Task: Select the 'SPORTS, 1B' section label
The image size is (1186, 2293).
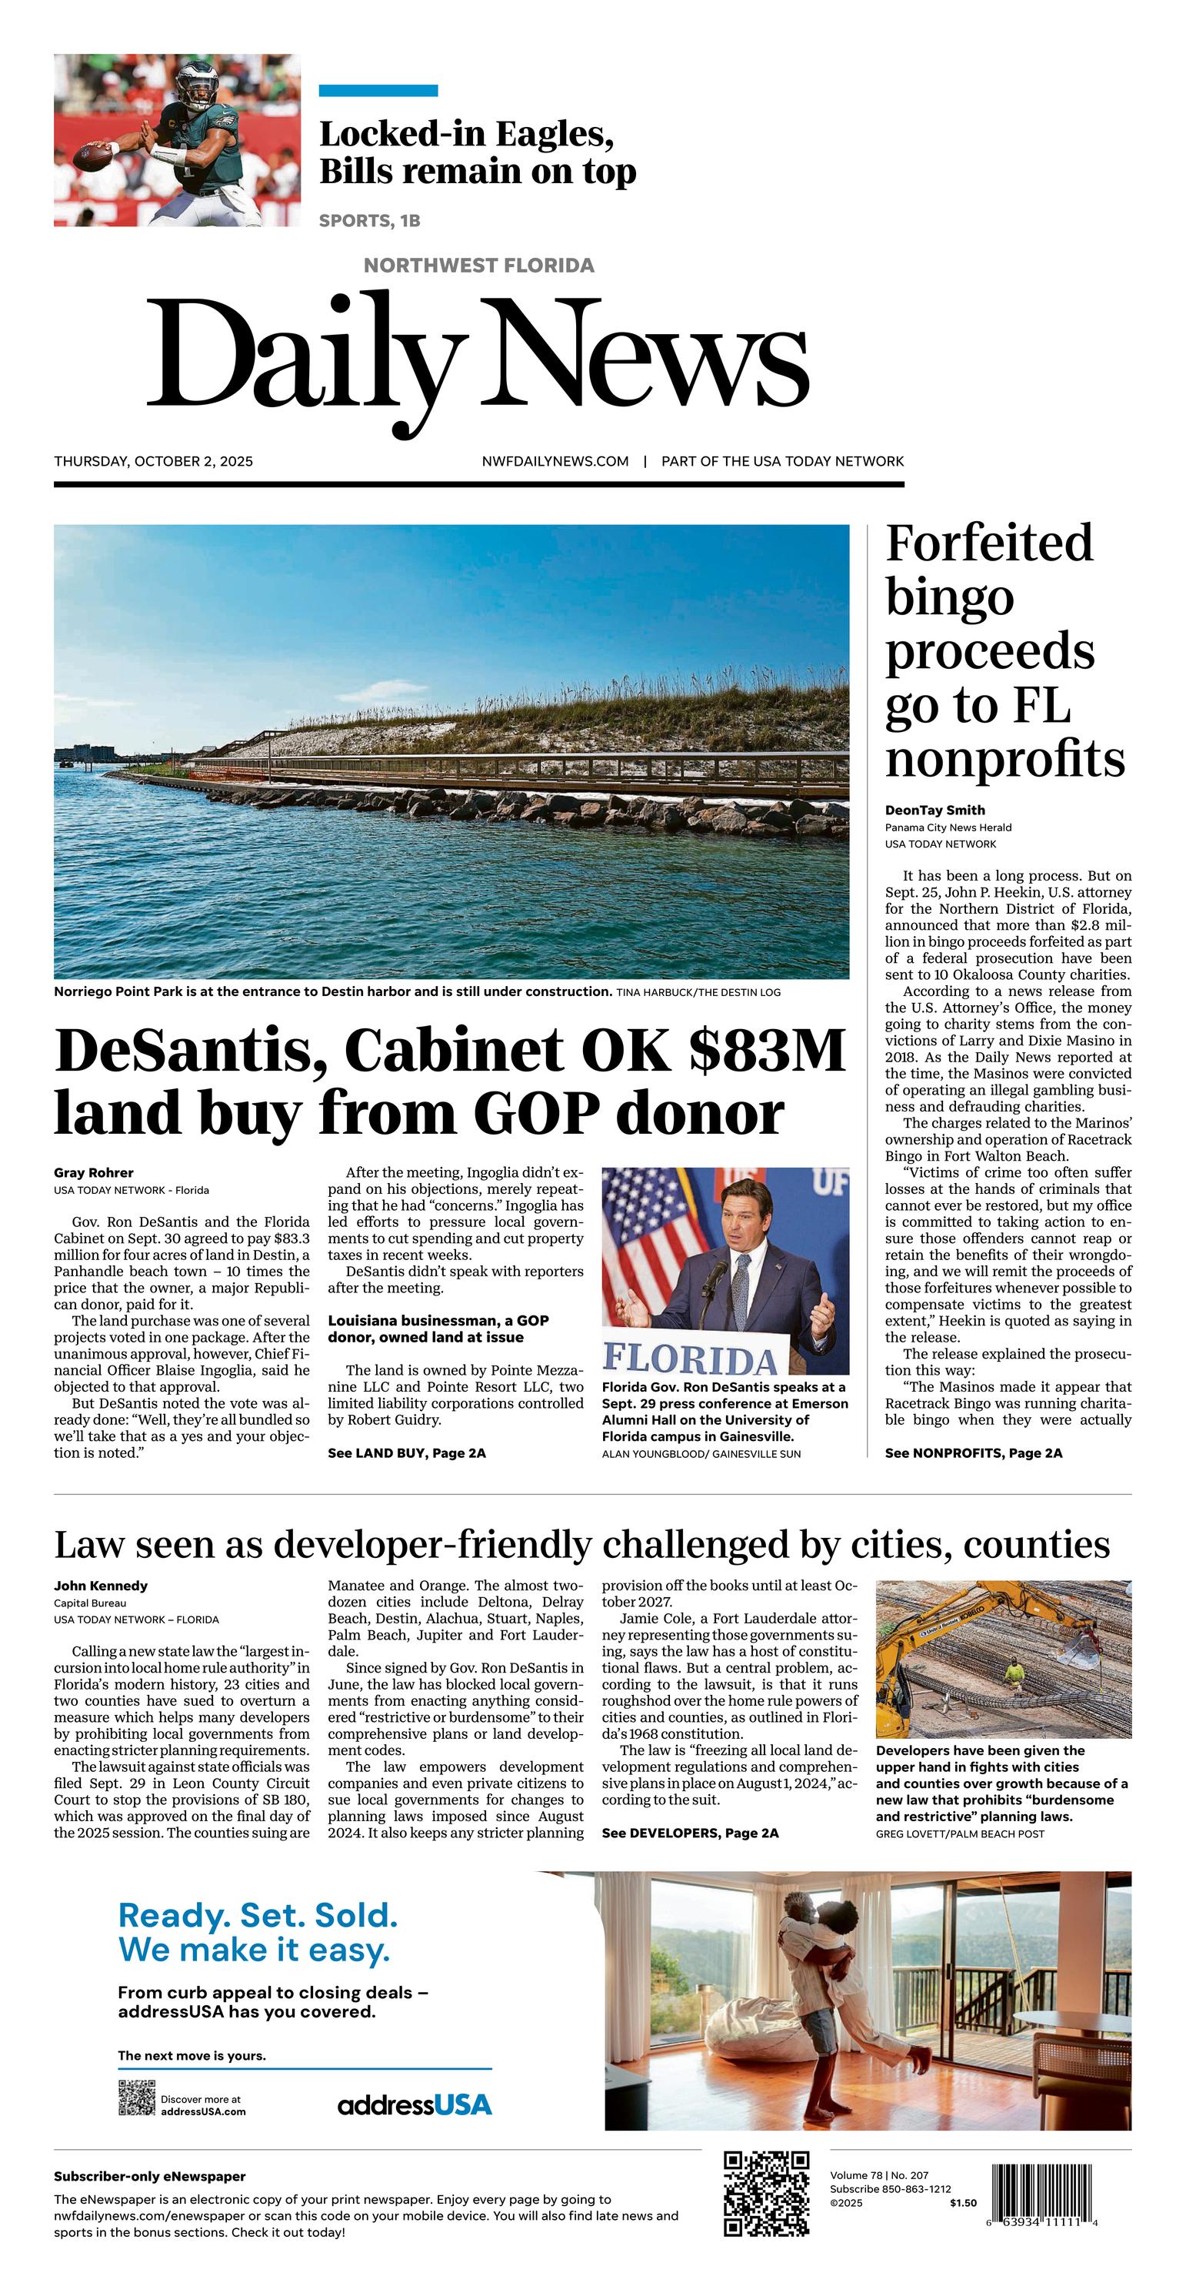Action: click(x=369, y=221)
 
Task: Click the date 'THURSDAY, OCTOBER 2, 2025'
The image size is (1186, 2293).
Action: click(x=153, y=461)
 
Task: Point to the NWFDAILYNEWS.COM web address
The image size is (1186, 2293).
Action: click(x=555, y=461)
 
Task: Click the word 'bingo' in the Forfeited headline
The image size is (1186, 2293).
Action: click(x=949, y=598)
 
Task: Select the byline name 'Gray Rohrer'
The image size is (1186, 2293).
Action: click(x=93, y=1172)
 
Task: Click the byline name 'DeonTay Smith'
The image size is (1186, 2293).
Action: click(x=934, y=810)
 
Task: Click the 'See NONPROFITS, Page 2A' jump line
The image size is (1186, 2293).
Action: click(x=974, y=1452)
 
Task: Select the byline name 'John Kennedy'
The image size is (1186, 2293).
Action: click(x=101, y=1586)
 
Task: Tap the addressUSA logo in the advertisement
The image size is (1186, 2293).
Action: click(x=415, y=2105)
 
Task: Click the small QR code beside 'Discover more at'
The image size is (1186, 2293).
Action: click(x=136, y=2098)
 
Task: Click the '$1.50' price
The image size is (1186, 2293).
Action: click(x=963, y=2203)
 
